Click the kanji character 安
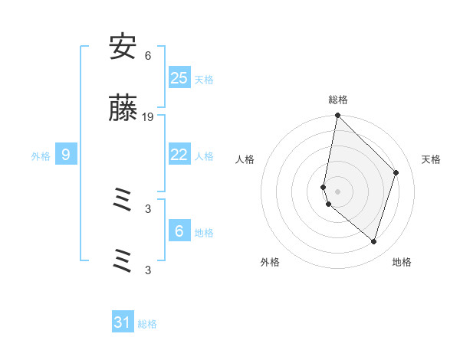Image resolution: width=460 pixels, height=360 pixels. pyautogui.click(x=123, y=48)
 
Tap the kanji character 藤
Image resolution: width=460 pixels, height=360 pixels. pyautogui.click(x=123, y=111)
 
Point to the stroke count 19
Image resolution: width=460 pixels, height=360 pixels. pyautogui.click(x=148, y=116)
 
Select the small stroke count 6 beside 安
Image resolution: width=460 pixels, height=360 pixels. pyautogui.click(x=148, y=55)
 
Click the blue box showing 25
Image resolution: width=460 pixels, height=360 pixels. pyautogui.click(x=179, y=77)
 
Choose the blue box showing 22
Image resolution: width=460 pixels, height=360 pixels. pyautogui.click(x=179, y=155)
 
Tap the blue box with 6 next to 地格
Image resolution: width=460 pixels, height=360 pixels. pyautogui.click(x=179, y=231)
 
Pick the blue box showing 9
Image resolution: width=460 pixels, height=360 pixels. pyautogui.click(x=66, y=155)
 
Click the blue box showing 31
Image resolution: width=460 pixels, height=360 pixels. pyautogui.click(x=123, y=322)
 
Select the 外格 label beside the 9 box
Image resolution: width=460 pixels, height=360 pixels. pyautogui.click(x=41, y=155)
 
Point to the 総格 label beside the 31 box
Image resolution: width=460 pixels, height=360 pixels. pyautogui.click(x=147, y=324)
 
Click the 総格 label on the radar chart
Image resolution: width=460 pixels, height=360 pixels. pyautogui.click(x=338, y=100)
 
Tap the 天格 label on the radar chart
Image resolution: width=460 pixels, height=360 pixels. pyautogui.click(x=432, y=159)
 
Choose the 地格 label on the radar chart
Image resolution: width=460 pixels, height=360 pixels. pyautogui.click(x=402, y=262)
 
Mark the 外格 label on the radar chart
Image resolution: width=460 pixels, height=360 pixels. pyautogui.click(x=270, y=262)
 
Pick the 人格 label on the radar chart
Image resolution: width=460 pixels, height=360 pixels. pyautogui.click(x=245, y=159)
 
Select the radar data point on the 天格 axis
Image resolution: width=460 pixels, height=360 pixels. pyautogui.click(x=396, y=172)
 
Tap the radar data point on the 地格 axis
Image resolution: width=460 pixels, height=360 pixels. pyautogui.click(x=373, y=241)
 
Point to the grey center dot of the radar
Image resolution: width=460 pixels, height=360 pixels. pyautogui.click(x=338, y=191)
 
